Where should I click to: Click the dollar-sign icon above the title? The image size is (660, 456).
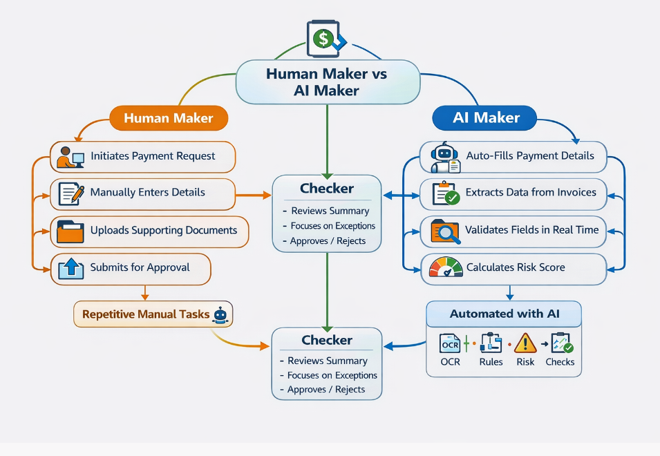(x=323, y=39)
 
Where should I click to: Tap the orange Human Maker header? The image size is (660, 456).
(x=169, y=118)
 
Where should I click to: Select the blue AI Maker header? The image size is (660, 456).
(x=486, y=118)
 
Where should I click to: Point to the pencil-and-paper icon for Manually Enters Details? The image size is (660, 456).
(x=71, y=193)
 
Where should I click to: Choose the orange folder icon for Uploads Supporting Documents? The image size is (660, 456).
(x=70, y=231)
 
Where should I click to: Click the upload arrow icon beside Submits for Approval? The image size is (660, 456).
(x=70, y=268)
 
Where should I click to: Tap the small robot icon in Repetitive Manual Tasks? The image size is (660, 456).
(x=220, y=315)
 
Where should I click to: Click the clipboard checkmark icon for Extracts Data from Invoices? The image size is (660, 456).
(x=446, y=193)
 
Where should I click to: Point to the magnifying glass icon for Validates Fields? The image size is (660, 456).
(x=445, y=231)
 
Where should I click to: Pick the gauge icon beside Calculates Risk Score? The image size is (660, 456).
(x=445, y=267)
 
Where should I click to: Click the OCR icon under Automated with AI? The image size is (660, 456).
(x=450, y=343)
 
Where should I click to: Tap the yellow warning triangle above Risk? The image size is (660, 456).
(x=525, y=343)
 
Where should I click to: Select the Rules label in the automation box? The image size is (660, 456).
(x=491, y=362)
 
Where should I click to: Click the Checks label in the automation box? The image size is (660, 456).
(x=559, y=362)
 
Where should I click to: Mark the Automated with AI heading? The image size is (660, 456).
(x=504, y=314)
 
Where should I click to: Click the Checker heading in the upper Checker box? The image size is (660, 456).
(x=327, y=189)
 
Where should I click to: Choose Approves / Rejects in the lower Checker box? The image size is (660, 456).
(x=322, y=389)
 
